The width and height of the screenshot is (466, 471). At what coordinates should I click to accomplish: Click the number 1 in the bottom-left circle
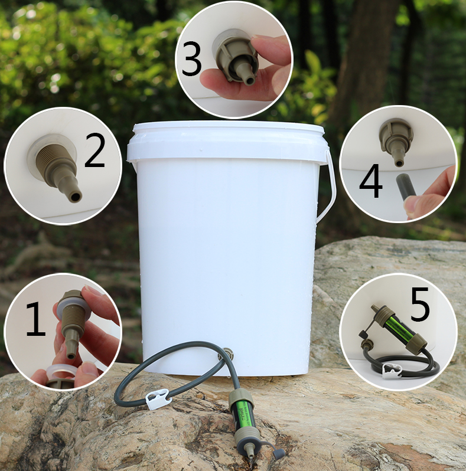(x=36, y=319)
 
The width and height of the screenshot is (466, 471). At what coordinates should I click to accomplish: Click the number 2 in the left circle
(x=95, y=150)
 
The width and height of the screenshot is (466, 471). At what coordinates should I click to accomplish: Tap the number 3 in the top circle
(x=191, y=58)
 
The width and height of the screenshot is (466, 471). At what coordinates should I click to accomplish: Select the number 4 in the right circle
(x=370, y=181)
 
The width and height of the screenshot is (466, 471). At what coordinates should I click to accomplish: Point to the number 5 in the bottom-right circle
(x=420, y=304)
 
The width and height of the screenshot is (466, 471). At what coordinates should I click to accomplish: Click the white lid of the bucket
(x=226, y=140)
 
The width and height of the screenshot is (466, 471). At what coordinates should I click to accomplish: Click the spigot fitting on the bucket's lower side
(x=227, y=352)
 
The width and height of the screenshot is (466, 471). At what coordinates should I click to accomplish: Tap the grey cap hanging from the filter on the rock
(x=278, y=453)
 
